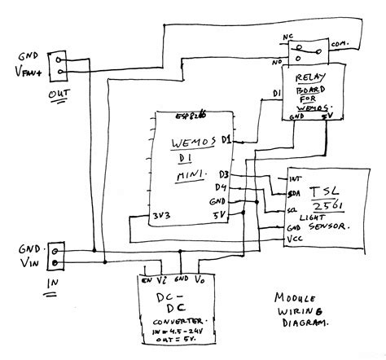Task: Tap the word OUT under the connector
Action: pyautogui.click(x=58, y=99)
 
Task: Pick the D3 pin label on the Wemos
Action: pyautogui.click(x=225, y=174)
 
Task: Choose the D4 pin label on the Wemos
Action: pyautogui.click(x=224, y=187)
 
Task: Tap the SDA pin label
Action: pyautogui.click(x=295, y=193)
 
